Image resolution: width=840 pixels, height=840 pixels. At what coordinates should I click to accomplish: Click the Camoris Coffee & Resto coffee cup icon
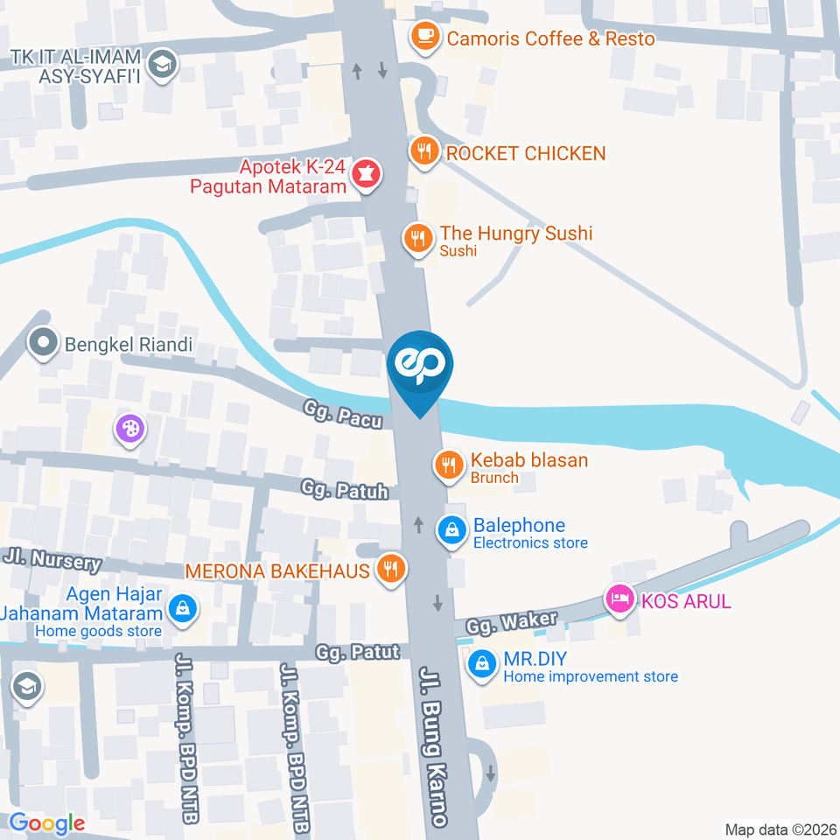point(425,37)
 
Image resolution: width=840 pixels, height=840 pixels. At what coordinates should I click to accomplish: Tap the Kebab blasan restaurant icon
point(450,465)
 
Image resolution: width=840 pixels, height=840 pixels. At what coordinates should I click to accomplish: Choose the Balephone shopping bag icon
point(452,530)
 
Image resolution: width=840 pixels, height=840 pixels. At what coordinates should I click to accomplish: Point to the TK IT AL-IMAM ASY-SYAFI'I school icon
point(163,64)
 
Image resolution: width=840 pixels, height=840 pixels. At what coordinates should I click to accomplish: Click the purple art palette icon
point(129,429)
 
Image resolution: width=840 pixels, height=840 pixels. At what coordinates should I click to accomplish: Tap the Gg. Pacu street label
point(343,414)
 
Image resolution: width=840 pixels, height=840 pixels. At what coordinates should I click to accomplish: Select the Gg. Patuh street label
point(345,488)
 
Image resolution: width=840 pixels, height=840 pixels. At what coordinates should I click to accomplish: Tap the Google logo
point(47,822)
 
